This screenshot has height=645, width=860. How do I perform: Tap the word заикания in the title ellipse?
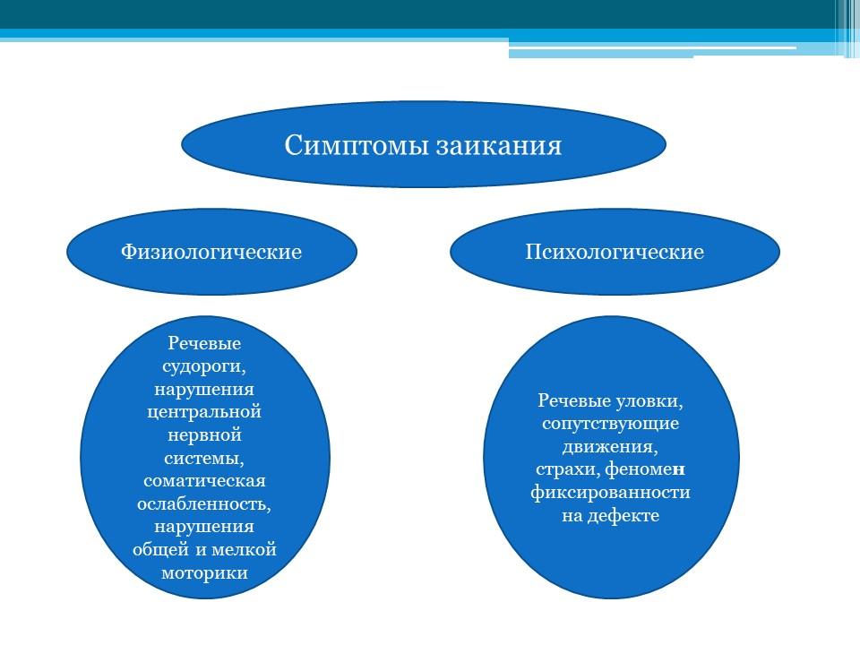point(499,146)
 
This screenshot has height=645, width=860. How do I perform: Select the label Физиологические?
point(211,252)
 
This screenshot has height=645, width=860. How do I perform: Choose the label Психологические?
point(615,252)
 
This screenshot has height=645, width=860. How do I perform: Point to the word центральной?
point(204,412)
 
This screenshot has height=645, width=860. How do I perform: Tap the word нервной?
point(204,435)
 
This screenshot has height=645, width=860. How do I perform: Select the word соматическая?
point(204,481)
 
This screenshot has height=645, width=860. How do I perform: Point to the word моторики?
point(204,573)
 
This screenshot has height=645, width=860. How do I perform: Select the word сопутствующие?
point(610,424)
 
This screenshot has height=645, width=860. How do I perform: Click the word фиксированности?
point(610,493)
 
